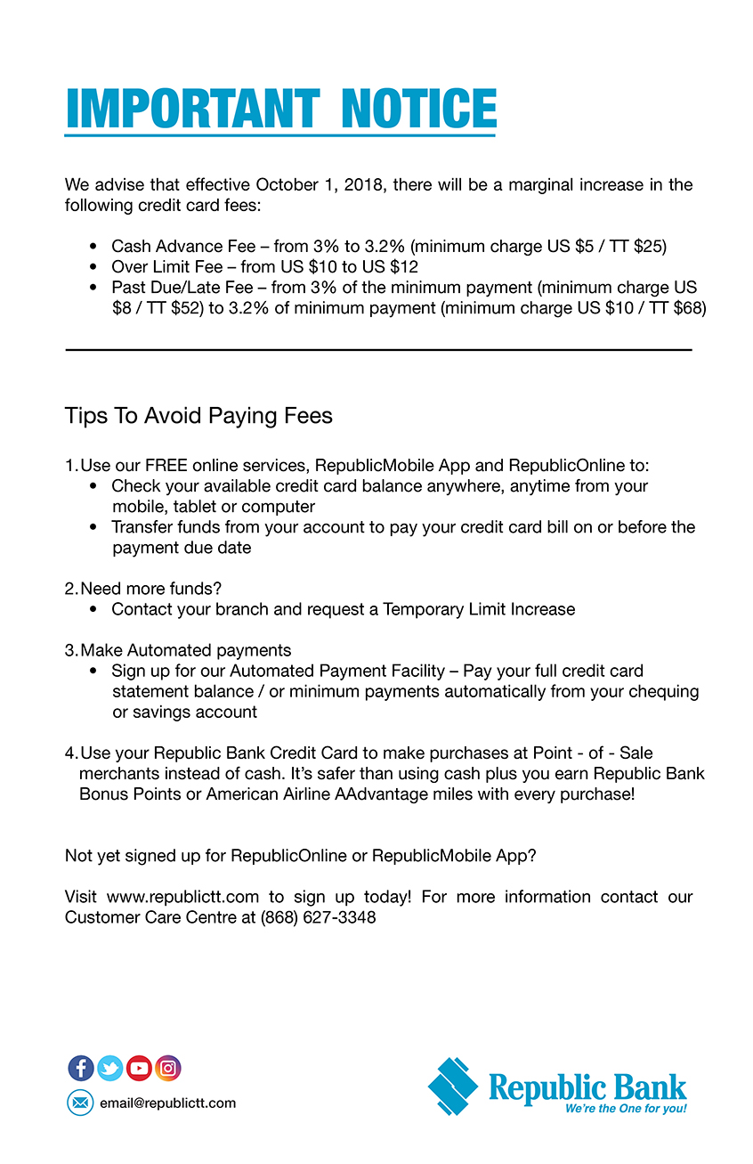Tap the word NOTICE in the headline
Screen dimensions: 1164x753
point(418,109)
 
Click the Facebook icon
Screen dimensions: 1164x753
point(81,1068)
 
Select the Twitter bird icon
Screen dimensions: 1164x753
point(109,1068)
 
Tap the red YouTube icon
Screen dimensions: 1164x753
point(139,1068)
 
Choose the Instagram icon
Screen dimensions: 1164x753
point(167,1068)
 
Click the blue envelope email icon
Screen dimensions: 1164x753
point(80,1103)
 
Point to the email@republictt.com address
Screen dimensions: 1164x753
point(167,1103)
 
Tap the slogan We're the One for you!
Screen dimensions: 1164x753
point(626,1109)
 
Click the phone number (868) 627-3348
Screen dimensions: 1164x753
point(318,917)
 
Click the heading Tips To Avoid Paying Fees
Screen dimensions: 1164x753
point(198,416)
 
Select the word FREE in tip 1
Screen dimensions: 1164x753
point(166,466)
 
